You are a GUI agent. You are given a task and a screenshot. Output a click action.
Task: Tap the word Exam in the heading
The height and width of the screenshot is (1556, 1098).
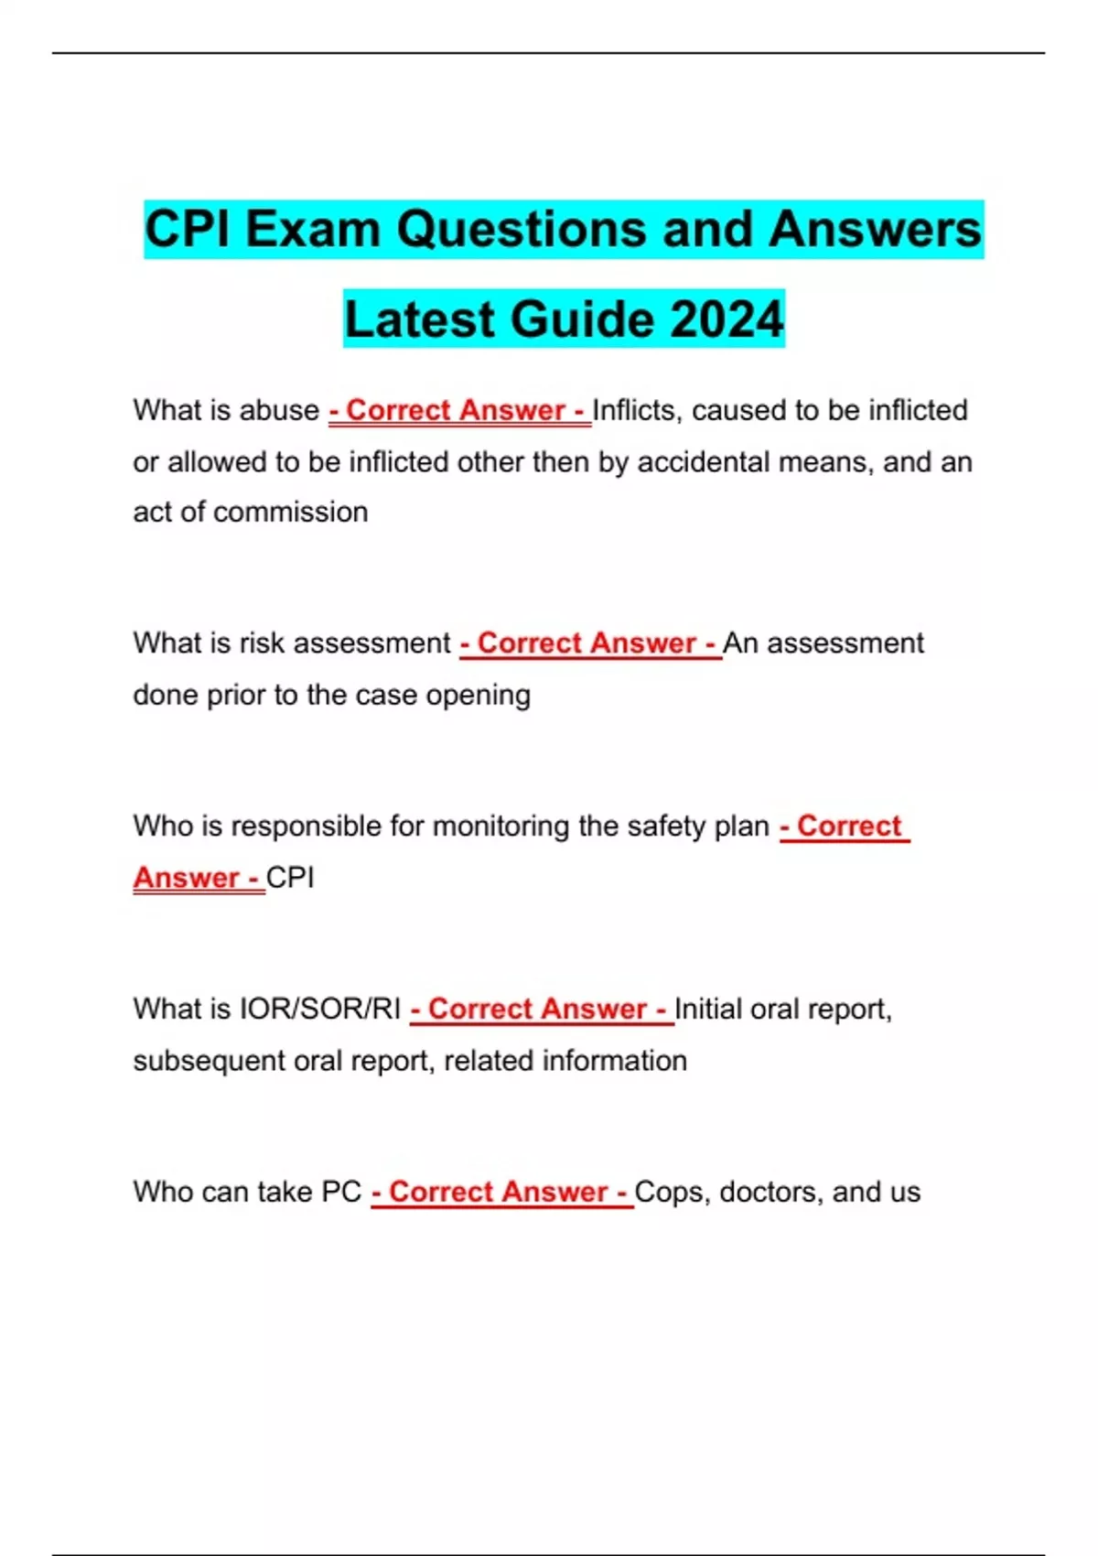tap(312, 229)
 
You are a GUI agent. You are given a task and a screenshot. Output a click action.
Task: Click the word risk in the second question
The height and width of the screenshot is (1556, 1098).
tap(262, 643)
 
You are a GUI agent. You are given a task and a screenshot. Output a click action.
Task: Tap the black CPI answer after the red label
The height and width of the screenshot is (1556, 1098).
tap(290, 878)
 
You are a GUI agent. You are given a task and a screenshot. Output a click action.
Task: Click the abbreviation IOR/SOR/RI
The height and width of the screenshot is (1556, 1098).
tap(319, 1009)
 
